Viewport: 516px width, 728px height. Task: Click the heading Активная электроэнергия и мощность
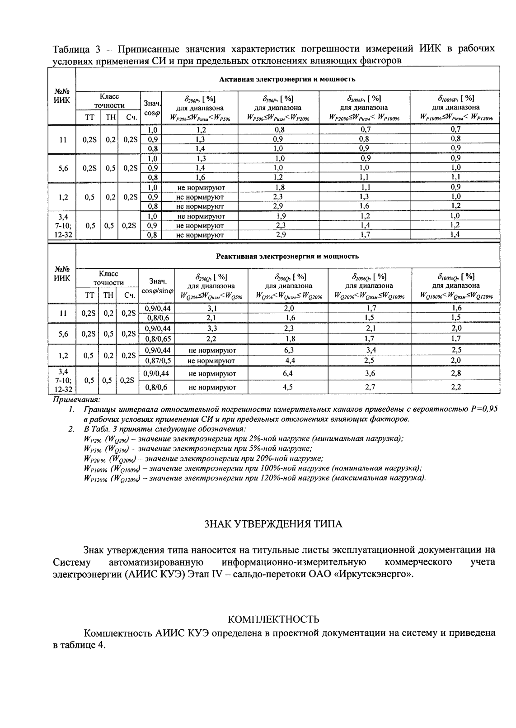point(287,79)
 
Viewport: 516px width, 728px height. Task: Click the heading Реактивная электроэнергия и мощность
point(287,257)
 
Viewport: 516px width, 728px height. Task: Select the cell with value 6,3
point(289,350)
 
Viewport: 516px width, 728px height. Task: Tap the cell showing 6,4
point(289,374)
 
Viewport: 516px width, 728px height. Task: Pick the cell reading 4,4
point(289,361)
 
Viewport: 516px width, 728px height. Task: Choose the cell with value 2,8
point(456,374)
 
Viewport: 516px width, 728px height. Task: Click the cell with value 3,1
point(212,308)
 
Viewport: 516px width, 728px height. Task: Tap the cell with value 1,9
point(280,216)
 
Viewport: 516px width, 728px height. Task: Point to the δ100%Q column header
point(456,285)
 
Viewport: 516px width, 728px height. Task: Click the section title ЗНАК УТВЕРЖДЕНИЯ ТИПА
point(274,524)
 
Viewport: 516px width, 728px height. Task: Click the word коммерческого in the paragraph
point(419,562)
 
